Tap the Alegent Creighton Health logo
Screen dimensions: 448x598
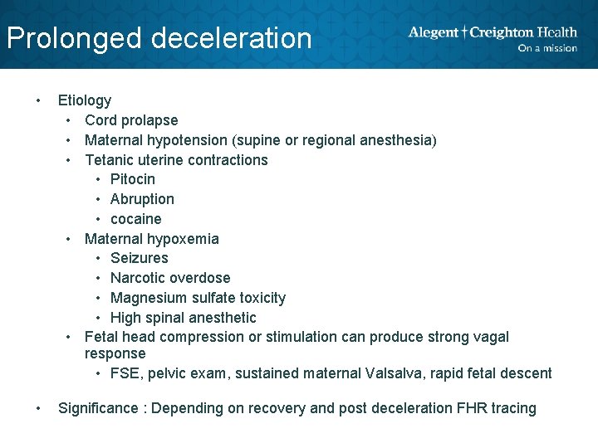tap(493, 32)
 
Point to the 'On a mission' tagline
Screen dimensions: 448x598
tap(547, 48)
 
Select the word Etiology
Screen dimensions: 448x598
tap(84, 100)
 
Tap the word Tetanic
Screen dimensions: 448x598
tap(110, 160)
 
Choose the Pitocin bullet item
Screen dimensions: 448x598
tap(133, 179)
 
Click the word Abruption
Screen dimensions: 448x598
tap(142, 199)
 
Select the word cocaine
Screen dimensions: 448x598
tap(136, 219)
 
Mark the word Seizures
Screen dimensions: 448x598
tap(139, 258)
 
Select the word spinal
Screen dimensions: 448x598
tap(165, 318)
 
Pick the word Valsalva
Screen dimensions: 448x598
tap(392, 373)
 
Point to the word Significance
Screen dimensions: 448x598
tap(100, 408)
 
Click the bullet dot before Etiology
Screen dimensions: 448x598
tap(38, 100)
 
